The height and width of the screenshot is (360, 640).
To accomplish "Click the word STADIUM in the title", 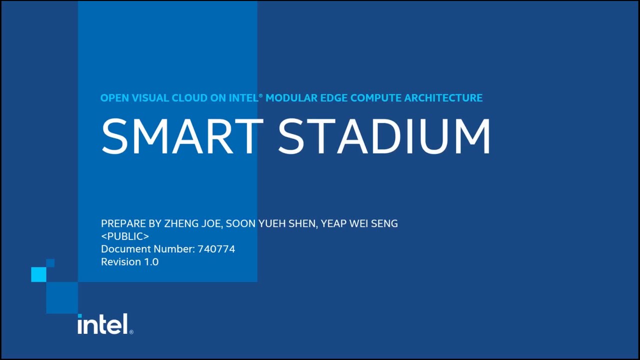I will pos(384,136).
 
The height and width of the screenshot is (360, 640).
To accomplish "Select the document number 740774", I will pos(216,249).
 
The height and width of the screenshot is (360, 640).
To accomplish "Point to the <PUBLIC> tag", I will pos(125,236).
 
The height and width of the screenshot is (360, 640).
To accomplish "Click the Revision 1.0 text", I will pos(129,262).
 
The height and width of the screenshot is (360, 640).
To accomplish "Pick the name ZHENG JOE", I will pos(193,223).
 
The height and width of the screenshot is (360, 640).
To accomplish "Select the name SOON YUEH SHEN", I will pos(270,223).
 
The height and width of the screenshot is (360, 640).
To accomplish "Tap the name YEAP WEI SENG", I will pos(359,223).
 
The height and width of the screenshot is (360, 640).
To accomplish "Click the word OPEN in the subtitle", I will pos(114,98).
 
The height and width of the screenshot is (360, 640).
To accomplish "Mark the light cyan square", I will pos(38,274).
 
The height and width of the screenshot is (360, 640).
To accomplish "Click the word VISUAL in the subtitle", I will pos(150,98).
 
